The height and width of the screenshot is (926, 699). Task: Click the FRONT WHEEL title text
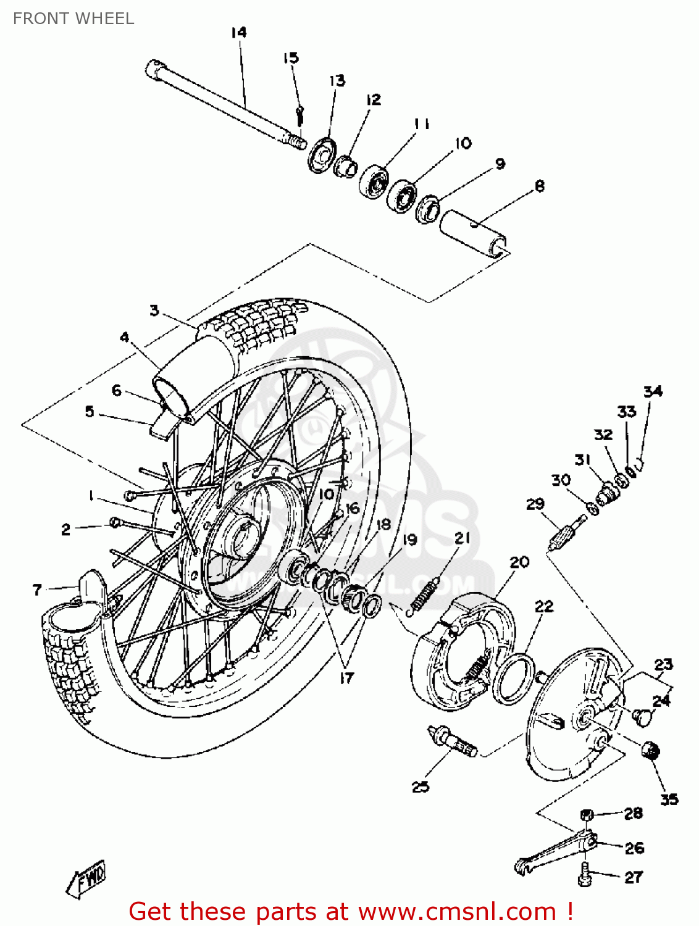(x=73, y=19)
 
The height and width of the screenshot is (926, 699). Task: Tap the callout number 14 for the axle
(x=239, y=32)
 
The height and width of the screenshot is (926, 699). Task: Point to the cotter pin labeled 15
(x=299, y=114)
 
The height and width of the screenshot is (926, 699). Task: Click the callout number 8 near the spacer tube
(x=539, y=186)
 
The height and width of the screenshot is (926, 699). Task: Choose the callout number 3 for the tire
(x=154, y=310)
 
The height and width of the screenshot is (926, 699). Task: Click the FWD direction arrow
(x=86, y=877)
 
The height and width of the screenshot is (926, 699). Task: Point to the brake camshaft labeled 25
(x=454, y=741)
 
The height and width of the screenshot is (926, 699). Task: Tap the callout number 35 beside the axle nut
(x=669, y=799)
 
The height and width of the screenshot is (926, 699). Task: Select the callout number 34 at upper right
(x=653, y=391)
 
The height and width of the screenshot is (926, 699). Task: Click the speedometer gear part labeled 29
(x=567, y=531)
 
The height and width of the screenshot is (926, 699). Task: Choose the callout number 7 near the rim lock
(x=37, y=590)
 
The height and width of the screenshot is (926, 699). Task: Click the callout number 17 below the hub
(x=347, y=677)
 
